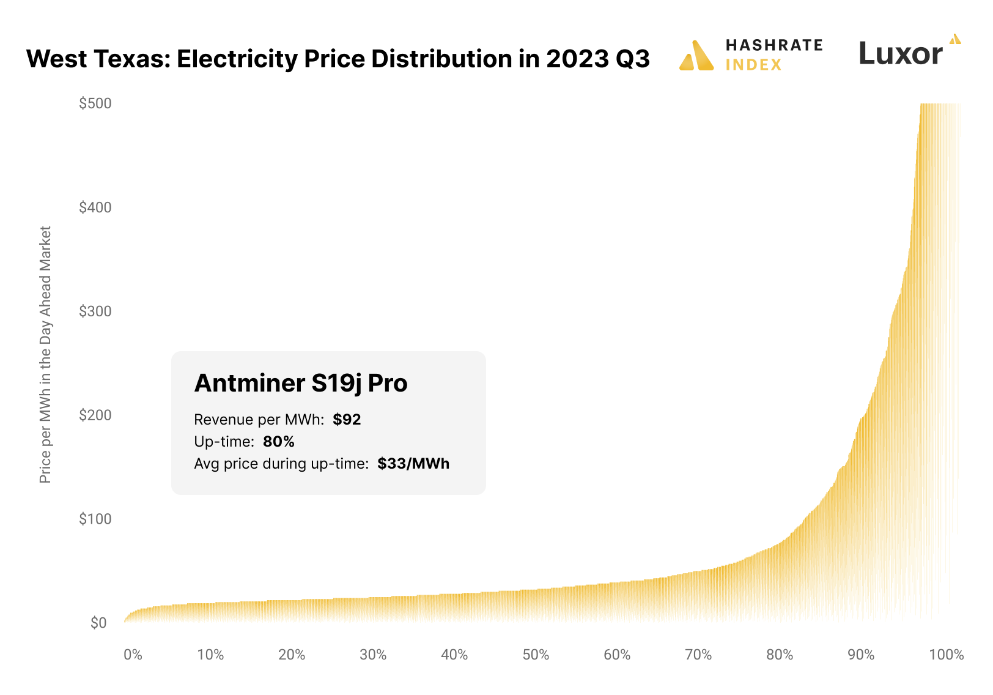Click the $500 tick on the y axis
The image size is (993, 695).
pos(95,103)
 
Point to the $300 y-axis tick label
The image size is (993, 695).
pos(95,311)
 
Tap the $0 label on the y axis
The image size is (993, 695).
pos(98,623)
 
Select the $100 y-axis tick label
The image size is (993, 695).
pos(95,519)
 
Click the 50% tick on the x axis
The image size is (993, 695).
pos(536,655)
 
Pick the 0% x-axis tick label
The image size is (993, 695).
pos(133,655)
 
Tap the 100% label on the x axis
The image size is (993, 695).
pos(946,655)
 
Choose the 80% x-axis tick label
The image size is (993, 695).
pos(780,655)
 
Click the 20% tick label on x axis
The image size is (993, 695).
pos(292,655)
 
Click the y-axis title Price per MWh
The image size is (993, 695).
pos(45,355)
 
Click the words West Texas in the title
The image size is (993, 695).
pos(97,59)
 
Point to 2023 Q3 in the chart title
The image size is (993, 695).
pos(597,59)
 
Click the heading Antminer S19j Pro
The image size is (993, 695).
pos(301,384)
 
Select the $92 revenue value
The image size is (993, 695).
pos(347,420)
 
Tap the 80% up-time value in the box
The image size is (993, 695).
pos(279,442)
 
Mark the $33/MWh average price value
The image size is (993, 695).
pos(413,464)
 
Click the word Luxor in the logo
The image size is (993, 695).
pos(900,54)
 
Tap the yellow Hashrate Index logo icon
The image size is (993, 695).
pos(696,56)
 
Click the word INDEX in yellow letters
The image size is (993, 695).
pos(753,65)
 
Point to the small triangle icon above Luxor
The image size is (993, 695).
pos(955,39)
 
